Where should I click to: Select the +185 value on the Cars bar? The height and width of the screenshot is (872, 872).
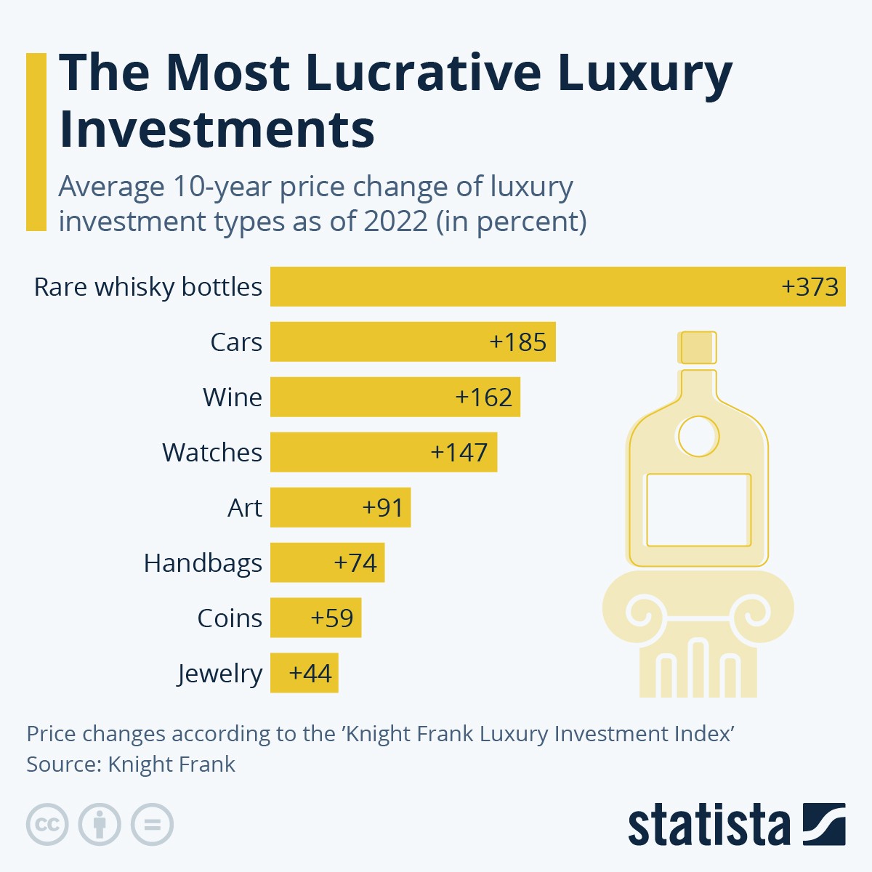518,342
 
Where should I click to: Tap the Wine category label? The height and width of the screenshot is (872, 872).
232,397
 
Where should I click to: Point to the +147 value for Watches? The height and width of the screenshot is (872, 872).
459,452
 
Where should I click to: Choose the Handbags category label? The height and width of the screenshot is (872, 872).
203,563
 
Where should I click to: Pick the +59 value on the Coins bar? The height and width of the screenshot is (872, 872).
332,618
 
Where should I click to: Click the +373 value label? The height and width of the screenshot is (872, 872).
810,286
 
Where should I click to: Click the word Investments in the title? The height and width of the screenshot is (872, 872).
217,129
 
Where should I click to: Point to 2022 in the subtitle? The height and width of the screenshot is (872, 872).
395,221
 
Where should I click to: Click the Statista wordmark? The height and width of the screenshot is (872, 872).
708,825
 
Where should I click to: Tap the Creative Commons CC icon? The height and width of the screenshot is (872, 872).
47,825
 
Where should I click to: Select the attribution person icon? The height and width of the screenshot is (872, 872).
100,825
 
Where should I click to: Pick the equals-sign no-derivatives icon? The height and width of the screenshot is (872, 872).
153,825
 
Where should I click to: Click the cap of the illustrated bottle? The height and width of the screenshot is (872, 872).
698,347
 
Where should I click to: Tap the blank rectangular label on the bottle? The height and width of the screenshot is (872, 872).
698,510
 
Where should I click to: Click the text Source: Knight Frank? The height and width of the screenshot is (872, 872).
131,764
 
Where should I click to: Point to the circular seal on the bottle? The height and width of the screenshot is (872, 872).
698,437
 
